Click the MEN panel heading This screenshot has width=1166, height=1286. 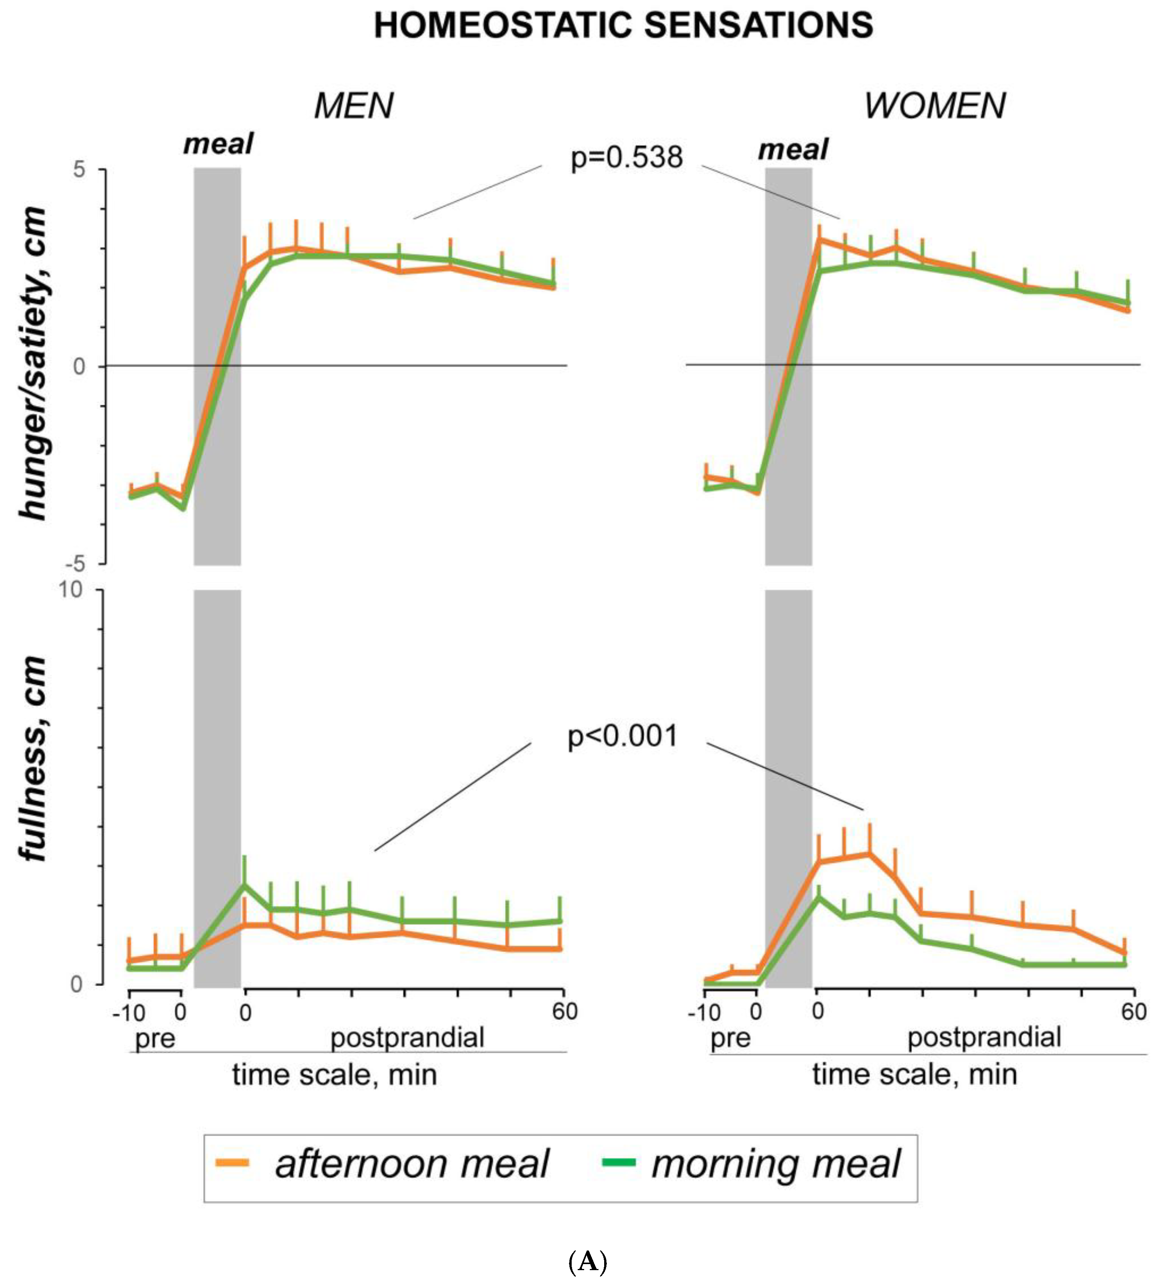pos(353,106)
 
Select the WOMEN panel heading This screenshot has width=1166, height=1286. pos(934,106)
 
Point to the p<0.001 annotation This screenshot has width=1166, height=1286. pos(623,737)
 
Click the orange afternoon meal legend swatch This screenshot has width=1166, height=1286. pos(232,1162)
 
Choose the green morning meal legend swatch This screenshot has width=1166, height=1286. pos(618,1162)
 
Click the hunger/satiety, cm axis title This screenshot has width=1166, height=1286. pos(33,363)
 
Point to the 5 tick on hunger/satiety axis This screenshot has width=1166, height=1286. pos(79,170)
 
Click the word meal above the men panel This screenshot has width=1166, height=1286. pos(218,144)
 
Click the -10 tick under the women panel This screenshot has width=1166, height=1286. pos(704,1013)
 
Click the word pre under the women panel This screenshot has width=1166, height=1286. pos(730,1039)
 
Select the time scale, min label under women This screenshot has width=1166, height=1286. pos(914,1075)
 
